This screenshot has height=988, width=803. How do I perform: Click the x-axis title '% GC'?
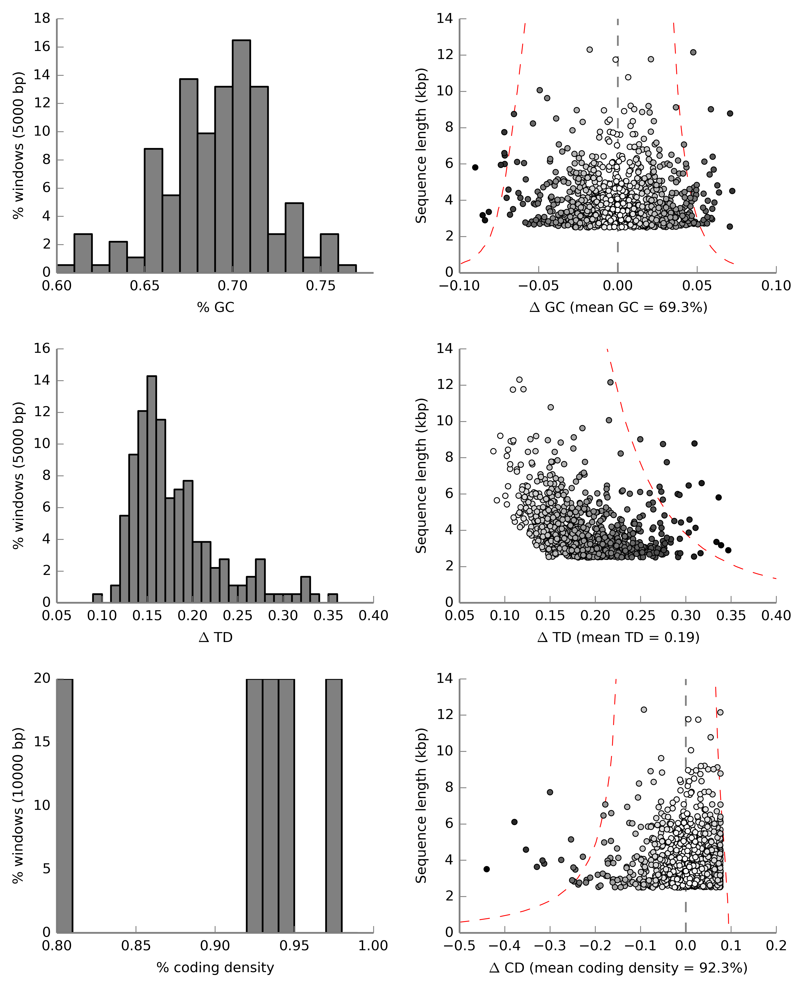tap(216, 307)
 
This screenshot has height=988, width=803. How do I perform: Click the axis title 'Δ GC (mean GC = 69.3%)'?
tap(618, 307)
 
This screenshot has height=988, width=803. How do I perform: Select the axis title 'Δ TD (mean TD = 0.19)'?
tap(618, 637)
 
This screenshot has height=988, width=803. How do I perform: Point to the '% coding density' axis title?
tap(216, 967)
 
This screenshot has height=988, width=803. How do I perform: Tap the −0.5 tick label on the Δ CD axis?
tap(459, 945)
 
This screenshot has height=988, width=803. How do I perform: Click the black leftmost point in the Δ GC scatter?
tap(475, 167)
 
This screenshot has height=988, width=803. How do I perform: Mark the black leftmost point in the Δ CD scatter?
tap(487, 869)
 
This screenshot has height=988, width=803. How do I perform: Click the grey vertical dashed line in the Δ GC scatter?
tap(618, 92)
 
